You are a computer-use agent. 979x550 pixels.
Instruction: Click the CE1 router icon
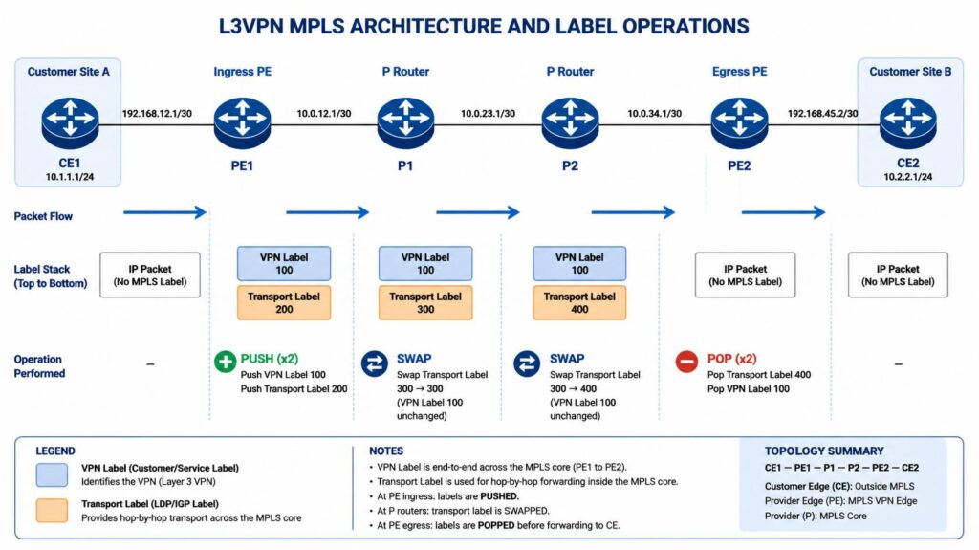tap(70, 123)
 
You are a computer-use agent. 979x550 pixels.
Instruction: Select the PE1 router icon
tap(242, 123)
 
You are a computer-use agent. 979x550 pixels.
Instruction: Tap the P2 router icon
tap(570, 123)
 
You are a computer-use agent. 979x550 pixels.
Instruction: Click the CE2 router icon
tap(908, 123)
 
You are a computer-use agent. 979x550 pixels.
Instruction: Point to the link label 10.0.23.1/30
tap(488, 114)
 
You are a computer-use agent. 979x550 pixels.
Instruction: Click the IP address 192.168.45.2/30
tap(822, 114)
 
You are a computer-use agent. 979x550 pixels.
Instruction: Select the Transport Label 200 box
tap(284, 302)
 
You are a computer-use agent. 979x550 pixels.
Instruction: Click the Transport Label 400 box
tap(579, 302)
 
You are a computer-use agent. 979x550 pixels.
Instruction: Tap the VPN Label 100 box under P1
tap(425, 263)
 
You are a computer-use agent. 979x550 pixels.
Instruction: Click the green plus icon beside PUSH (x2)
tap(225, 362)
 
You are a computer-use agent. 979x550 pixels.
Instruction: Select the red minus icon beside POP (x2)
tap(686, 362)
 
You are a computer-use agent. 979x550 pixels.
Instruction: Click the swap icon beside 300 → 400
tap(527, 363)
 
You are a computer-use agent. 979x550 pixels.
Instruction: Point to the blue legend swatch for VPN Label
tap(52, 474)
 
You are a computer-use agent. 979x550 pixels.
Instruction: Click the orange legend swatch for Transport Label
tap(52, 510)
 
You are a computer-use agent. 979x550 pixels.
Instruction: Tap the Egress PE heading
tap(739, 71)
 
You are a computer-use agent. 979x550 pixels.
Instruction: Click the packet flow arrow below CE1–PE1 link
tap(164, 212)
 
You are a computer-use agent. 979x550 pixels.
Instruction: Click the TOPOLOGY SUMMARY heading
tap(824, 451)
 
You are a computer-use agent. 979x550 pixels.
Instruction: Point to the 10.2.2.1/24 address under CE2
tap(908, 177)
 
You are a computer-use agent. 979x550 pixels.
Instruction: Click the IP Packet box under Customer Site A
tap(150, 275)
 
